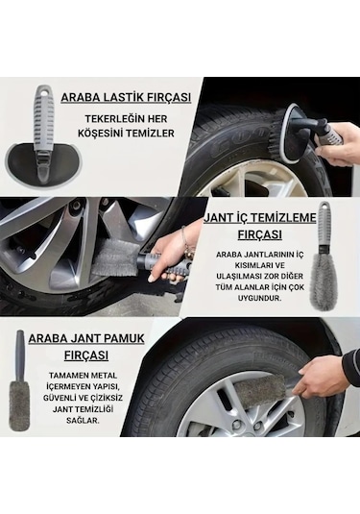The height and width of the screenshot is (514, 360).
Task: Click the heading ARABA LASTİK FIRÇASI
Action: click(x=126, y=97)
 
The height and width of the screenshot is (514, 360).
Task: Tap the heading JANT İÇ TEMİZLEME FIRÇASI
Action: click(x=259, y=227)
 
